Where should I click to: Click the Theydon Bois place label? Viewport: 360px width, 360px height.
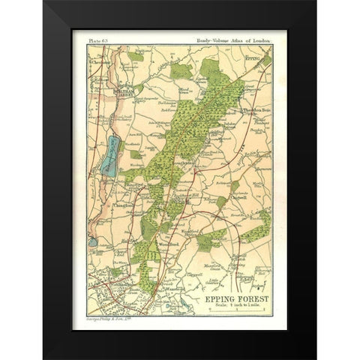pos(257,111)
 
